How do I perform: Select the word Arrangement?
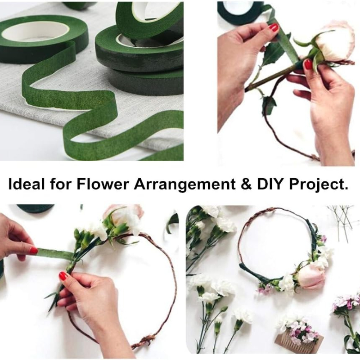coord(184,185)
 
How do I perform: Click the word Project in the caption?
coord(318,185)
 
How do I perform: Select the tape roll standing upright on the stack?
coord(149,19)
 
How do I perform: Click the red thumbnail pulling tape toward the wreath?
coord(33,250)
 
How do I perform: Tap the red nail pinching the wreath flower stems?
coord(63,275)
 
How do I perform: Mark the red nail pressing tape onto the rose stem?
coord(307,64)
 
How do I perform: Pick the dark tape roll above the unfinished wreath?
coord(36,208)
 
